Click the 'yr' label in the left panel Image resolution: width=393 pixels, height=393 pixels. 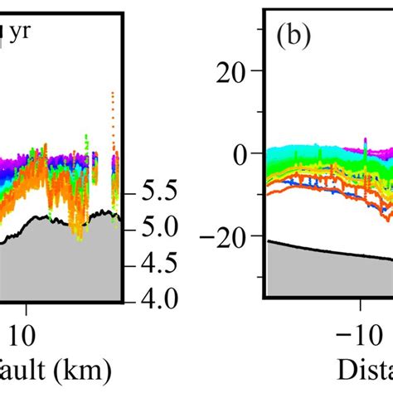tap(21, 33)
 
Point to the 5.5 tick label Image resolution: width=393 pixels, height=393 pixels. tap(156, 192)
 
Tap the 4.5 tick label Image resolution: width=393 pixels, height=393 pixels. tap(156, 264)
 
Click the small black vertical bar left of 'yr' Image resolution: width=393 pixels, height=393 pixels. tap(7, 33)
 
